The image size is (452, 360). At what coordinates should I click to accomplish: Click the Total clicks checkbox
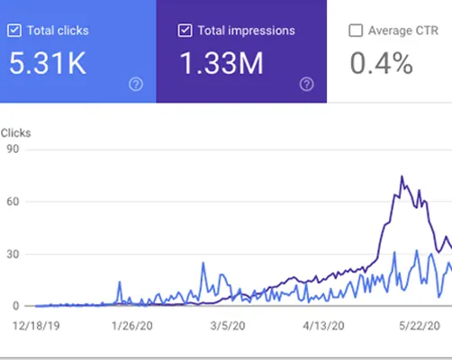[14, 30]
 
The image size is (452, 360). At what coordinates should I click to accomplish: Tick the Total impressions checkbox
[185, 30]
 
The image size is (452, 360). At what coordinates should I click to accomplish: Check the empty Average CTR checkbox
[356, 30]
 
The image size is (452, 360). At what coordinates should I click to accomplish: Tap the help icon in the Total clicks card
[136, 84]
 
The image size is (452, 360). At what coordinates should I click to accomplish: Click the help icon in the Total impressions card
[307, 84]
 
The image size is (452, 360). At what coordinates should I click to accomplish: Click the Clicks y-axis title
[15, 132]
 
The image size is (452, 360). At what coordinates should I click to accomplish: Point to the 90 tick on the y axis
[12, 149]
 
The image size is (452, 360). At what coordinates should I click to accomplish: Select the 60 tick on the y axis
[12, 202]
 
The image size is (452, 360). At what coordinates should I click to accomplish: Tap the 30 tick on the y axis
[12, 255]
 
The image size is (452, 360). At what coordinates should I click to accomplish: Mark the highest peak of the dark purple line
[402, 176]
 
